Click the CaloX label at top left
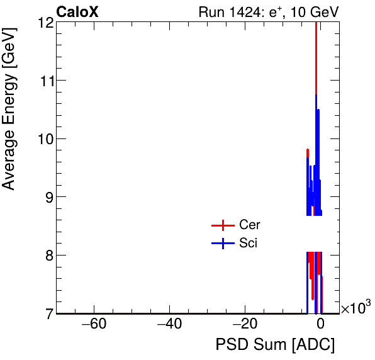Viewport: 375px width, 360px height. coord(77,12)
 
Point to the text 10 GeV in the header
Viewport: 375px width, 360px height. coord(315,12)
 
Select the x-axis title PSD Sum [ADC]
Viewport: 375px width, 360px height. coord(275,345)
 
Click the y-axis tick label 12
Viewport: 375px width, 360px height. coord(45,23)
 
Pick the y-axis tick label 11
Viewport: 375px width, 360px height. coord(45,81)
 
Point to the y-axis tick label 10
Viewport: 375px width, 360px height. coord(45,138)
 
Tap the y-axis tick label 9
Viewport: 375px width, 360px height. coord(49,197)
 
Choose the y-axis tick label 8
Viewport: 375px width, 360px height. coord(49,255)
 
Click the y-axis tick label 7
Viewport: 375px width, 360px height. coord(49,313)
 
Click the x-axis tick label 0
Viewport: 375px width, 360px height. coord(320,325)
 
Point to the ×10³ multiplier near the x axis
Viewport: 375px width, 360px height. coord(355,308)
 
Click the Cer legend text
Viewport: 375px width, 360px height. coord(250,225)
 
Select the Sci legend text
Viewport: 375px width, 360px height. coord(249,243)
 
